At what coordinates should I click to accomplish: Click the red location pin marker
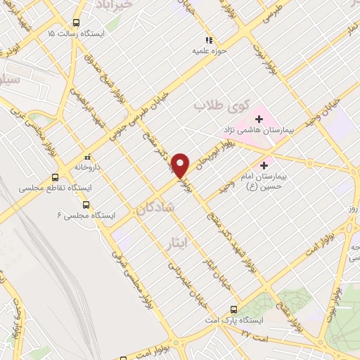pyautogui.click(x=181, y=165)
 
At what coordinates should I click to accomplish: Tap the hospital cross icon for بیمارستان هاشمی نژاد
pyautogui.click(x=258, y=119)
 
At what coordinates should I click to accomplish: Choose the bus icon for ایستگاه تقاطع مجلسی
pyautogui.click(x=56, y=178)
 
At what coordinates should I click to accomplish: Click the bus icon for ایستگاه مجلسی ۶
pyautogui.click(x=86, y=205)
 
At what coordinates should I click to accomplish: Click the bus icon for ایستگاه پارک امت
pyautogui.click(x=234, y=309)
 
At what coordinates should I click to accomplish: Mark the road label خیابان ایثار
pyautogui.click(x=209, y=275)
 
